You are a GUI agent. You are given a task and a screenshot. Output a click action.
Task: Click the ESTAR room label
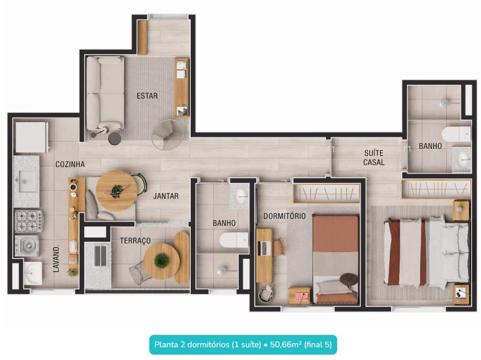[x=147, y=96]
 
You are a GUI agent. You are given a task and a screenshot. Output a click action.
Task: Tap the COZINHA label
[x=70, y=164]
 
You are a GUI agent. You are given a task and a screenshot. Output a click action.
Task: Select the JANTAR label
[x=166, y=196]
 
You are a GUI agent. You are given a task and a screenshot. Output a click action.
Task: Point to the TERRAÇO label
[x=135, y=241]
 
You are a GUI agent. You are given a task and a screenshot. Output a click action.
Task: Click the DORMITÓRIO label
[x=285, y=216]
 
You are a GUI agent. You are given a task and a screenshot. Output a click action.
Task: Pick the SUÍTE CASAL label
[x=373, y=158]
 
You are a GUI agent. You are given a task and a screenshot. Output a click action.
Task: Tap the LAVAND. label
[x=56, y=258]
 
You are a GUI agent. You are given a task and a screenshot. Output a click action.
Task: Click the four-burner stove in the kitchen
[x=29, y=221]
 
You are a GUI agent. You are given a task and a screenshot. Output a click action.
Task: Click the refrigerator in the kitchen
[x=32, y=137]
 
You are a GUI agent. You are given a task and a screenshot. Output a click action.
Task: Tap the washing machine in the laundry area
[x=27, y=245]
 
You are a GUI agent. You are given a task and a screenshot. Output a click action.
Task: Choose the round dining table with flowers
[x=117, y=191]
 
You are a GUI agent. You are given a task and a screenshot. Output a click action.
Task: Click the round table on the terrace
[x=162, y=261]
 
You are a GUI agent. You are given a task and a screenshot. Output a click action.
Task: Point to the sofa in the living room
[x=105, y=93]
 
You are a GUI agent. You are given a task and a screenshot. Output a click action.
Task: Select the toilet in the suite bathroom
[x=456, y=134]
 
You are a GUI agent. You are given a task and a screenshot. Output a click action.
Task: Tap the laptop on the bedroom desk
[x=264, y=248]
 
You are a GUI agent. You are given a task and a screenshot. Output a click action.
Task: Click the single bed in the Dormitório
[x=335, y=259]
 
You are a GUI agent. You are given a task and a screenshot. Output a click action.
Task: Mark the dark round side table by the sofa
[x=115, y=138]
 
